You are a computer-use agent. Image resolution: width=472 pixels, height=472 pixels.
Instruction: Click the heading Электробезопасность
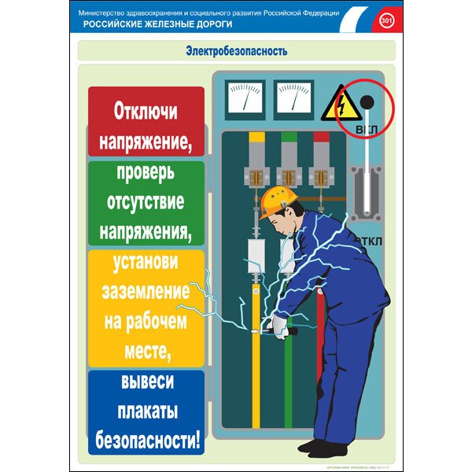tap(236, 51)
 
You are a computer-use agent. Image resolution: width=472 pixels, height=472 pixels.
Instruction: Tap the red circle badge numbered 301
tap(386, 19)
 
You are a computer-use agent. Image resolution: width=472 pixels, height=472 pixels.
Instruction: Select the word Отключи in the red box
tap(146, 109)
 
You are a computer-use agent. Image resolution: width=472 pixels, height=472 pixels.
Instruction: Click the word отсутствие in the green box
tap(146, 201)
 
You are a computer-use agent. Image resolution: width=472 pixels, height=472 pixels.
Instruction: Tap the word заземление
tap(146, 290)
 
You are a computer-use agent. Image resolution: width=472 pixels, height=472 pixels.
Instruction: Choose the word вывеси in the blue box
tap(146, 381)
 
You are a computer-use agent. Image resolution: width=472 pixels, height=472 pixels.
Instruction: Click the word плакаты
tap(146, 410)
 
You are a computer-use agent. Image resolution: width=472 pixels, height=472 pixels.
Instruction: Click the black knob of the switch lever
tap(366, 101)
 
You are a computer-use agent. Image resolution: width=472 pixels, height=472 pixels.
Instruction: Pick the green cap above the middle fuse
tap(289, 137)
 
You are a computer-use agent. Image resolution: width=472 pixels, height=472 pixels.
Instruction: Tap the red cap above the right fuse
tap(321, 137)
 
